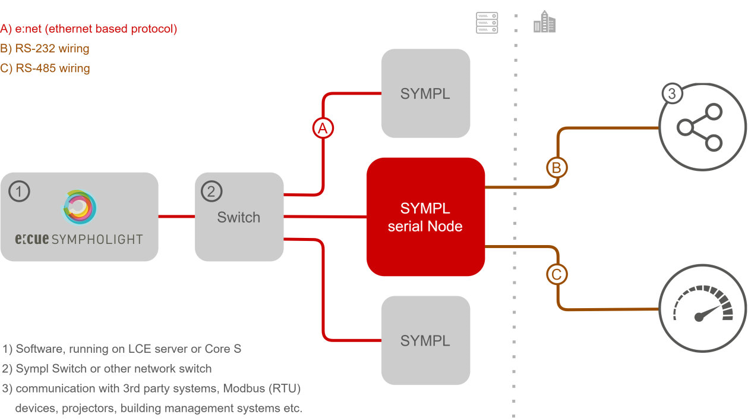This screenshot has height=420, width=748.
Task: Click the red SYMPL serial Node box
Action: pyautogui.click(x=425, y=217)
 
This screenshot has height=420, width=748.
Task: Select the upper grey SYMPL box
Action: pyautogui.click(x=425, y=93)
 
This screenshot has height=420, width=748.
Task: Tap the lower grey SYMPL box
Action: pyautogui.click(x=425, y=341)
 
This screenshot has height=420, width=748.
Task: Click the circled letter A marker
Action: pyautogui.click(x=323, y=128)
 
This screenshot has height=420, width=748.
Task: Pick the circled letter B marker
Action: pyautogui.click(x=557, y=168)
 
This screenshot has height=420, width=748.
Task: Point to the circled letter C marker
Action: pyautogui.click(x=557, y=275)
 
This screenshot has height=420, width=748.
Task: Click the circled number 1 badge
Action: pyautogui.click(x=20, y=192)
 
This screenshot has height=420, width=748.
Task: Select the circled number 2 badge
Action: pyautogui.click(x=211, y=192)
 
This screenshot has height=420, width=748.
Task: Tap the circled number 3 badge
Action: pyautogui.click(x=672, y=94)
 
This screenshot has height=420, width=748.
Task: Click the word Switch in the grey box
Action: pyautogui.click(x=238, y=217)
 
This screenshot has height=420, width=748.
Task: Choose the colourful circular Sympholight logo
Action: pyautogui.click(x=80, y=208)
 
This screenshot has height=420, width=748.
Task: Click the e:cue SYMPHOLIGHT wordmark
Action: pyautogui.click(x=79, y=240)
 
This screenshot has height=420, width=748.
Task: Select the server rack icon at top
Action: pyautogui.click(x=487, y=23)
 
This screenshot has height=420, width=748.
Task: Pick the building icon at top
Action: pyautogui.click(x=544, y=23)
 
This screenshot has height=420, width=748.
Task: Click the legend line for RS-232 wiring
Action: pyautogui.click(x=45, y=48)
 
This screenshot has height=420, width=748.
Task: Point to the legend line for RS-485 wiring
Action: pyautogui.click(x=45, y=68)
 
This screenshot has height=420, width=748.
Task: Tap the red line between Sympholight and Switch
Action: pyautogui.click(x=176, y=217)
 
